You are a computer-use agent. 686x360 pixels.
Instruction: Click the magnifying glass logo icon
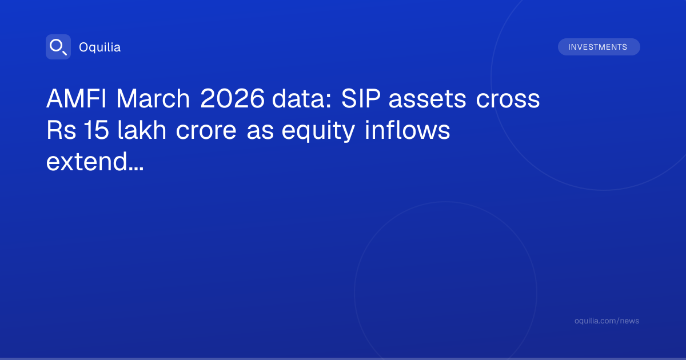click(58, 47)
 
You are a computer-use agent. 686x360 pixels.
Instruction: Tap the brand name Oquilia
click(100, 47)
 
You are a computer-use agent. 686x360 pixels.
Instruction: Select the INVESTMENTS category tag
click(599, 47)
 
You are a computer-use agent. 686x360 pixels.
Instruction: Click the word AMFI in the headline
click(77, 98)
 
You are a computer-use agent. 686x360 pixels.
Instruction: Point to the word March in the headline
click(153, 98)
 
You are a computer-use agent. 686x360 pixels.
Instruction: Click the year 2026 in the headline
click(232, 98)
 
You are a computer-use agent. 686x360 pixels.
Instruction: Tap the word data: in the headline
click(302, 98)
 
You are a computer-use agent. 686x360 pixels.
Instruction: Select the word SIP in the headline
click(361, 98)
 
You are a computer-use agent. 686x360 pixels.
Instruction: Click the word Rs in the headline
click(61, 130)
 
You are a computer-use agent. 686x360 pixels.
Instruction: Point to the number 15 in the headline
click(96, 130)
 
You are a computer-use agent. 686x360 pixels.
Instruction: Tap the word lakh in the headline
click(142, 130)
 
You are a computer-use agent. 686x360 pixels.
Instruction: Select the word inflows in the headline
click(407, 130)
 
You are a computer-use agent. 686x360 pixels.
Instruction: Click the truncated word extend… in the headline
click(95, 161)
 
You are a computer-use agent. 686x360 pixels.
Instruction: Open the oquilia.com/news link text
click(607, 321)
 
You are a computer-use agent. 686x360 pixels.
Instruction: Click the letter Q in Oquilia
click(92, 49)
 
